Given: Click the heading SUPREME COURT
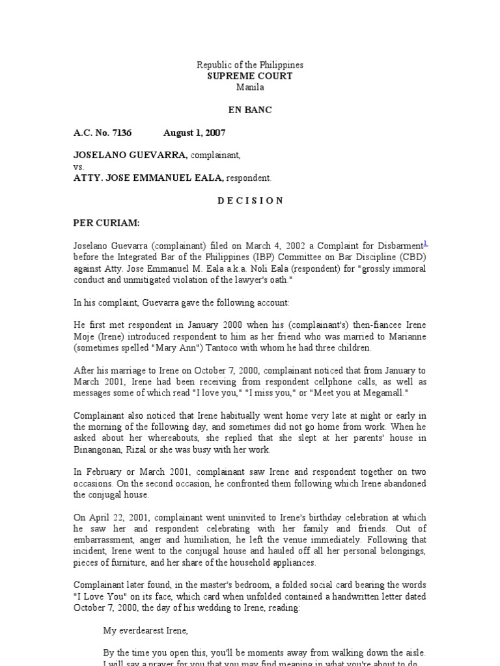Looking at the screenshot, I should click(250, 76).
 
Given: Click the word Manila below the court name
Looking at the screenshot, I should click(250, 87).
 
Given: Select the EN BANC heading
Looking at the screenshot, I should click(250, 110).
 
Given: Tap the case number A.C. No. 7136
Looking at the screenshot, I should click(102, 133).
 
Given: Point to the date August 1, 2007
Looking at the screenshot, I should click(194, 133).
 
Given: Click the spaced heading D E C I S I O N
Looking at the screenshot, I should click(250, 200).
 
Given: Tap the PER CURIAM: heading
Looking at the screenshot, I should click(106, 222).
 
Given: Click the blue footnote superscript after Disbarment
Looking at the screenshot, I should click(425, 243).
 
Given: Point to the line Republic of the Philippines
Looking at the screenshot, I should click(250, 65).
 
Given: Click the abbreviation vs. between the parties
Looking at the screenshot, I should click(79, 166).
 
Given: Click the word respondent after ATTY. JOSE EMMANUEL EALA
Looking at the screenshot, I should click(251, 178).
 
